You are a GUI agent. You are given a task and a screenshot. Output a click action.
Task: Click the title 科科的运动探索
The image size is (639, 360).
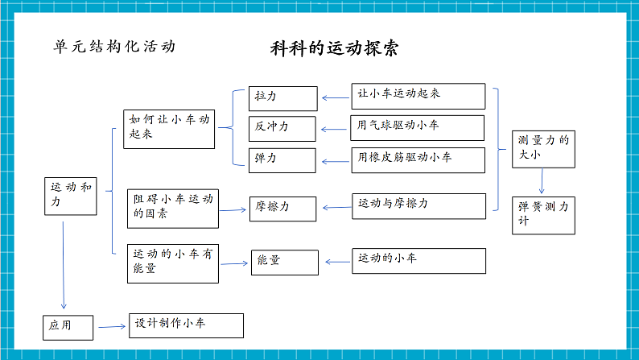tap(335, 48)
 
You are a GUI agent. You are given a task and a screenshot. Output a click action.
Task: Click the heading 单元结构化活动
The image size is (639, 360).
tap(113, 46)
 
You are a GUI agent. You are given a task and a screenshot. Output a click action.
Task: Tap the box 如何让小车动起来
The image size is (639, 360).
tap(169, 129)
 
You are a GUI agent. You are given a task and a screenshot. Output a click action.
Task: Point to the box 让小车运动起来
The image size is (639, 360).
tap(418, 96)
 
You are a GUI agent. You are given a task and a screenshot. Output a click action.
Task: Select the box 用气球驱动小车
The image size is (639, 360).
tap(418, 127)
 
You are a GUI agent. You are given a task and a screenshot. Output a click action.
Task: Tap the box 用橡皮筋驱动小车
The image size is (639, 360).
tap(418, 159)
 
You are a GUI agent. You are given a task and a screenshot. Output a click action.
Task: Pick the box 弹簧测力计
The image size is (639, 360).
tap(544, 214)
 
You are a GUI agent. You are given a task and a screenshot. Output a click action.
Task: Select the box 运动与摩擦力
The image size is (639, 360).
tap(418, 205)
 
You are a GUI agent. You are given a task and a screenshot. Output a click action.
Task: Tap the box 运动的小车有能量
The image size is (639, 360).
tap(172, 263)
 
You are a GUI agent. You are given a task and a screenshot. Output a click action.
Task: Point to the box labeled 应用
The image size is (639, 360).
tap(68, 326)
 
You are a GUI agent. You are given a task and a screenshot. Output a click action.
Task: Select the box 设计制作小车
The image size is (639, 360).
tap(186, 325)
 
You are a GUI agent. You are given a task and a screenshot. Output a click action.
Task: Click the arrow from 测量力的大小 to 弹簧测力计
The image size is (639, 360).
tap(542, 180)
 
